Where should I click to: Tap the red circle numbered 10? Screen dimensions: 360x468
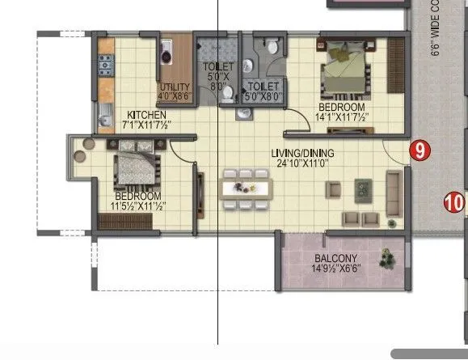click(x=455, y=201)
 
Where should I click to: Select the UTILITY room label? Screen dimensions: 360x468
click(x=175, y=87)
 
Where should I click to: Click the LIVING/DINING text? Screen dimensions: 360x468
click(x=303, y=152)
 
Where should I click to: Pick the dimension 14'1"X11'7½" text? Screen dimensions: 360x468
click(x=343, y=117)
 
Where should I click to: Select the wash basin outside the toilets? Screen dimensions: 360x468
click(x=242, y=115)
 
